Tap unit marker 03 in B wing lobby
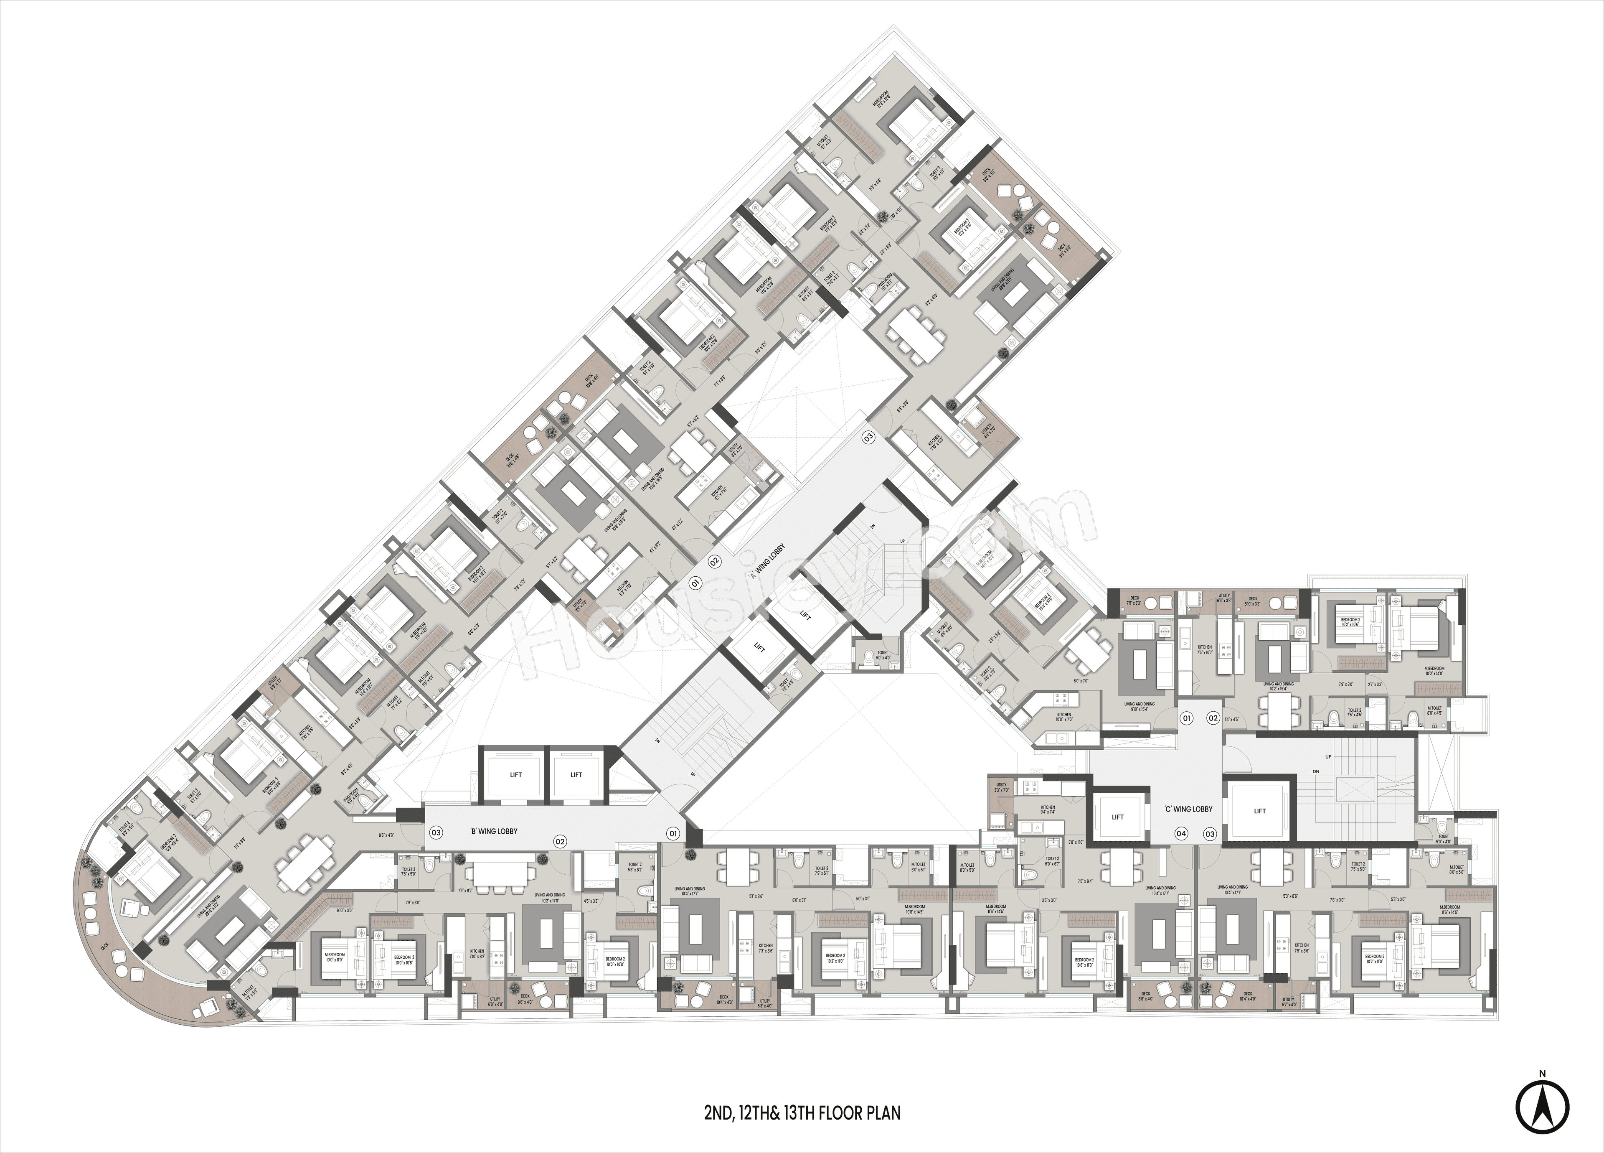437,832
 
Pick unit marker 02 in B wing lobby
560,841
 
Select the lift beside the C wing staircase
1259,811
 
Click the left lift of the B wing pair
515,774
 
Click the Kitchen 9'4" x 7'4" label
1048,809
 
